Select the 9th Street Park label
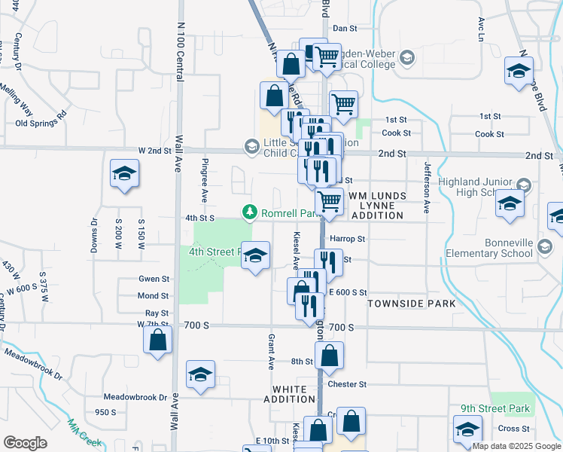[x=495, y=409]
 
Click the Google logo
[x=26, y=443]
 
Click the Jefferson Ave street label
[x=426, y=188]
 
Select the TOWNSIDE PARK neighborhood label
[x=412, y=303]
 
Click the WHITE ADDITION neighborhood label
[x=294, y=394]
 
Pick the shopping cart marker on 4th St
[x=329, y=202]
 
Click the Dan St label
[x=344, y=28]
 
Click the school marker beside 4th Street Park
[x=255, y=256]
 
